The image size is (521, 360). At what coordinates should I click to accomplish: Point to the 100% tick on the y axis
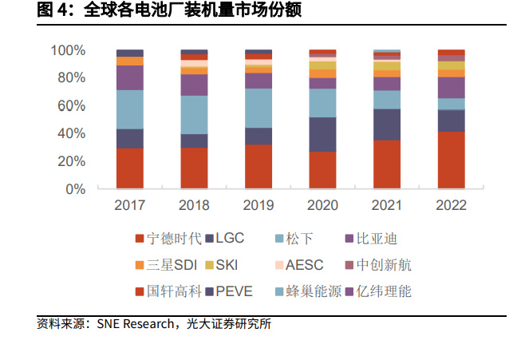69,50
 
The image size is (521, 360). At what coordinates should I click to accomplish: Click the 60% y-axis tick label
72,105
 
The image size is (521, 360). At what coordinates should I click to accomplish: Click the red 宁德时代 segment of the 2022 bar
451,160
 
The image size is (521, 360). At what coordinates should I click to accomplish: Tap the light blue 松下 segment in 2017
130,109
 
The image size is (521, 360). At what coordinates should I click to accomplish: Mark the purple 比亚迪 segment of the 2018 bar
194,85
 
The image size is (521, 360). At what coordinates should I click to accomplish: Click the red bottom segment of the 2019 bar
259,167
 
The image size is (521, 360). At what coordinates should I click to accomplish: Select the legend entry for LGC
227,239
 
